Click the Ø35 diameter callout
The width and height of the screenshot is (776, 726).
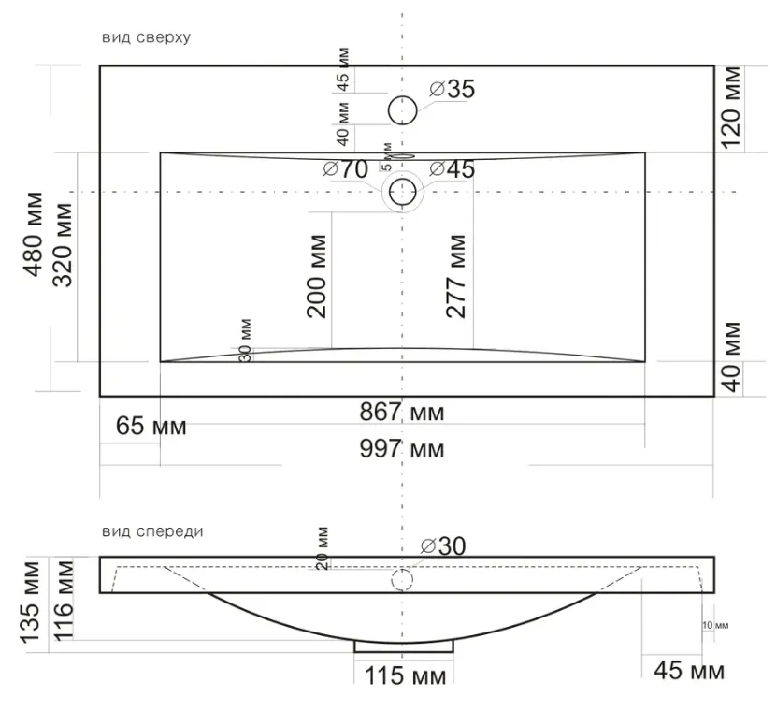(x=452, y=89)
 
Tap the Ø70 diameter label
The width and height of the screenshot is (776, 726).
(x=345, y=169)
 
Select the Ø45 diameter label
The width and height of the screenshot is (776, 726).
(x=452, y=169)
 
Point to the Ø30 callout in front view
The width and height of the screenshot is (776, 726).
(x=443, y=546)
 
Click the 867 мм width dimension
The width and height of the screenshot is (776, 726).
(x=402, y=412)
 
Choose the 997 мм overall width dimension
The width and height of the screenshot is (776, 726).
(x=402, y=449)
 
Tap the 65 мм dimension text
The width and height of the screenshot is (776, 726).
(x=151, y=426)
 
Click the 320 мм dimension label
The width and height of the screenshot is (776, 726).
(x=63, y=245)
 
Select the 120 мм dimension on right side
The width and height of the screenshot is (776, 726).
(x=731, y=108)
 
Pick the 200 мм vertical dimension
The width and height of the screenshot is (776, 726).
(x=317, y=276)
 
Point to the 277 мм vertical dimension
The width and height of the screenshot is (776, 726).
(x=456, y=276)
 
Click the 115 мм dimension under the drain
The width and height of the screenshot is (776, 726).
(x=406, y=676)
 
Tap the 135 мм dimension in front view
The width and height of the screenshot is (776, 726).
(x=30, y=603)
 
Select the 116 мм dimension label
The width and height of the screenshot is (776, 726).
(x=63, y=601)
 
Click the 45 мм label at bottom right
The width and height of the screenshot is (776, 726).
(x=689, y=671)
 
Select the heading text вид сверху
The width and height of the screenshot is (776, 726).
(x=146, y=37)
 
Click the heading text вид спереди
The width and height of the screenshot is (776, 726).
(x=152, y=532)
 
